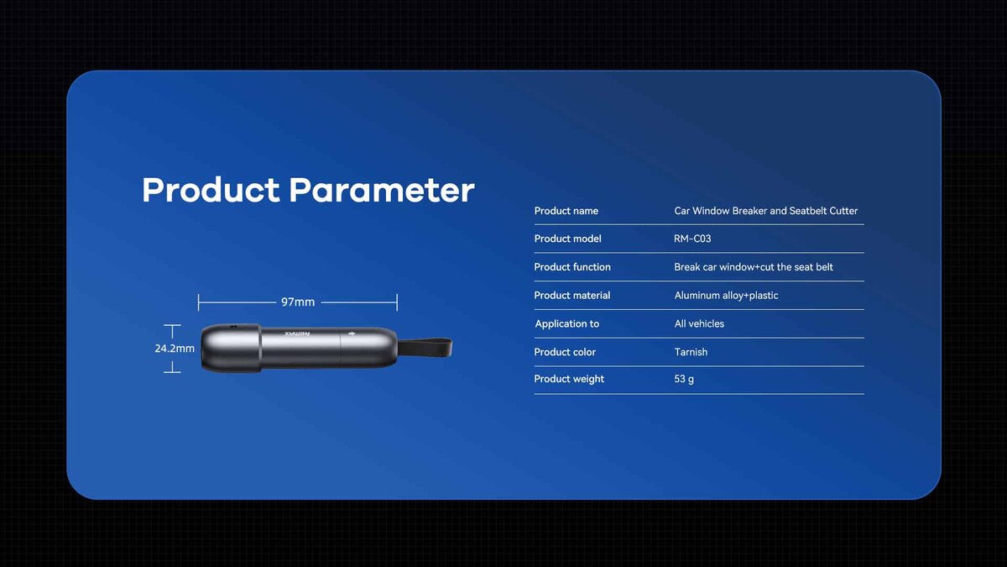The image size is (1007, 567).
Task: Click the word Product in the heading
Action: pyautogui.click(x=211, y=191)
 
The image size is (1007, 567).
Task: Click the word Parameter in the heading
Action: pyautogui.click(x=382, y=191)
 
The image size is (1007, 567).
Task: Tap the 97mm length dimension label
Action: pyautogui.click(x=298, y=302)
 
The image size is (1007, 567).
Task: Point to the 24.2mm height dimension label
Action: pyautogui.click(x=175, y=349)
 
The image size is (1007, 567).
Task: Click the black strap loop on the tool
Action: pyautogui.click(x=425, y=348)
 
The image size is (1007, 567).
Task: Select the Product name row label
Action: pyautogui.click(x=566, y=211)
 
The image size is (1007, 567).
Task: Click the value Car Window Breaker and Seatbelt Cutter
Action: pyautogui.click(x=765, y=211)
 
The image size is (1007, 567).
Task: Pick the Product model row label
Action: pyautogui.click(x=567, y=239)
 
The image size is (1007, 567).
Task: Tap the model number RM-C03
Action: pyautogui.click(x=692, y=239)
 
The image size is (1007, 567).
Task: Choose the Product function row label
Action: pyautogui.click(x=572, y=267)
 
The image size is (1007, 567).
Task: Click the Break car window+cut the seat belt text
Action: pyautogui.click(x=754, y=267)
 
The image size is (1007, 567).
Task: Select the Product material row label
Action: pyautogui.click(x=571, y=295)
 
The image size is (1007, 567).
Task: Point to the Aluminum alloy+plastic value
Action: pyautogui.click(x=726, y=295)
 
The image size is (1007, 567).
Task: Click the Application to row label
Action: pyautogui.click(x=567, y=323)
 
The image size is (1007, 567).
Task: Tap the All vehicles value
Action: pyautogui.click(x=699, y=323)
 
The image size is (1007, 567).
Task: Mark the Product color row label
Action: pyautogui.click(x=565, y=352)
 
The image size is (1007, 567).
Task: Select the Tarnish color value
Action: pyautogui.click(x=691, y=352)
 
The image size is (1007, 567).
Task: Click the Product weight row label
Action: pyautogui.click(x=569, y=379)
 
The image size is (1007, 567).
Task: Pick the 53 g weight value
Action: pyautogui.click(x=684, y=379)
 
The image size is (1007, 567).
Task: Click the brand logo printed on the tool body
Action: pyautogui.click(x=297, y=334)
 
